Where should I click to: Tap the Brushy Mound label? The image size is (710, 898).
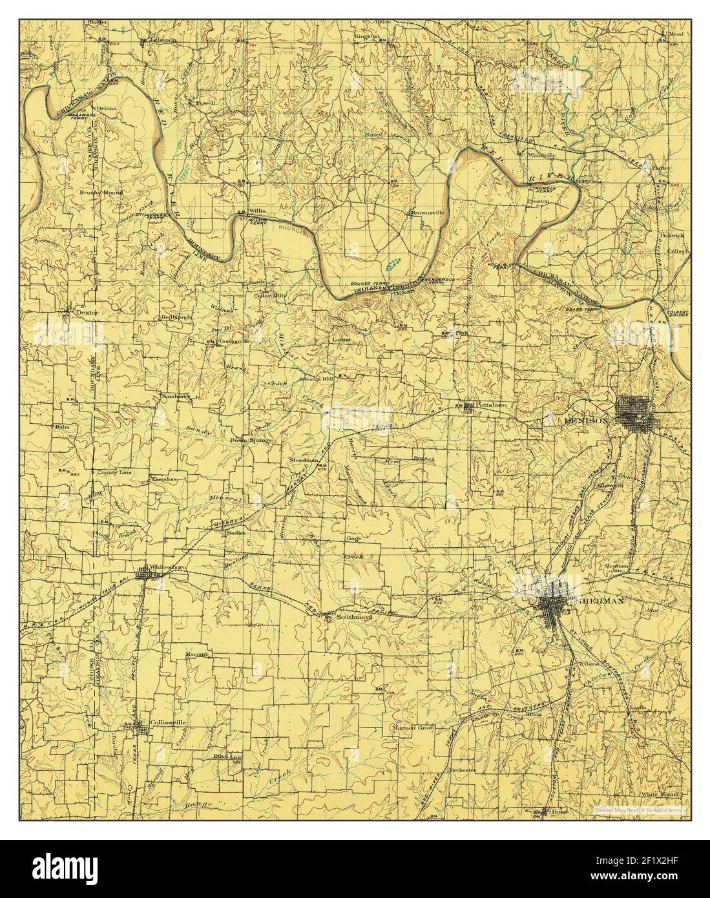[x=100, y=193]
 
